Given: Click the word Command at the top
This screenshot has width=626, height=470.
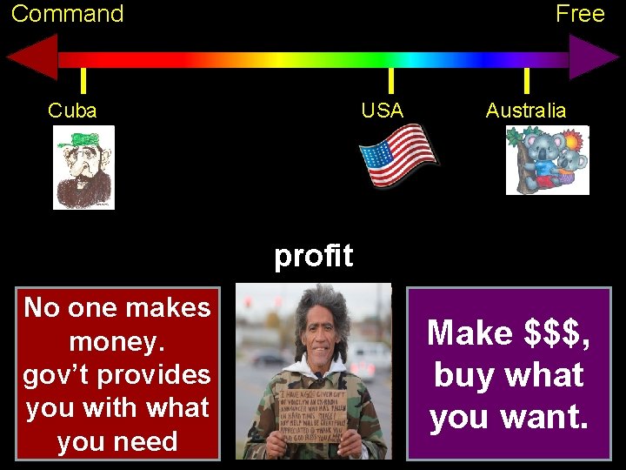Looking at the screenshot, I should point(68,14).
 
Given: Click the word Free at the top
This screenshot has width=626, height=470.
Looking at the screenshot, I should point(580,14).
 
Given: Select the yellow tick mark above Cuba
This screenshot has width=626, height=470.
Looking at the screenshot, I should point(83,81).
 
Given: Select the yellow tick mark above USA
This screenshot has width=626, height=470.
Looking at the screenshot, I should point(391,81).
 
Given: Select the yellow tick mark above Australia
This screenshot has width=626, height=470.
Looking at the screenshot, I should point(526,81).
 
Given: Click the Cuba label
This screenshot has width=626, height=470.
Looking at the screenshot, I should point(72,111).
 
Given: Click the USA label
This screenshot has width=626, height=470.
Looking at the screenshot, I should point(383,111).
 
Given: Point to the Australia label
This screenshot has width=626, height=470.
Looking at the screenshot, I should point(525,111).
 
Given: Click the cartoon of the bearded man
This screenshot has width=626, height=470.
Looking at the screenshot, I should point(83,167).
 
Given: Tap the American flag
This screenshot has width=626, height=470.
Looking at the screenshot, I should point(399,155).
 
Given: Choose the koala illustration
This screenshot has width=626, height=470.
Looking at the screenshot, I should point(548,160).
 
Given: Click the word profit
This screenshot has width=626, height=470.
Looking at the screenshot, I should point(313,256).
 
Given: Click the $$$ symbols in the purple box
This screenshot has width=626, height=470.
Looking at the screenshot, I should point(557,332).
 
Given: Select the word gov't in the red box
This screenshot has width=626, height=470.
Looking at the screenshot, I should point(57,374).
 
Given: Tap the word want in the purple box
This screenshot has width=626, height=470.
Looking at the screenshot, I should point(545,417).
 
